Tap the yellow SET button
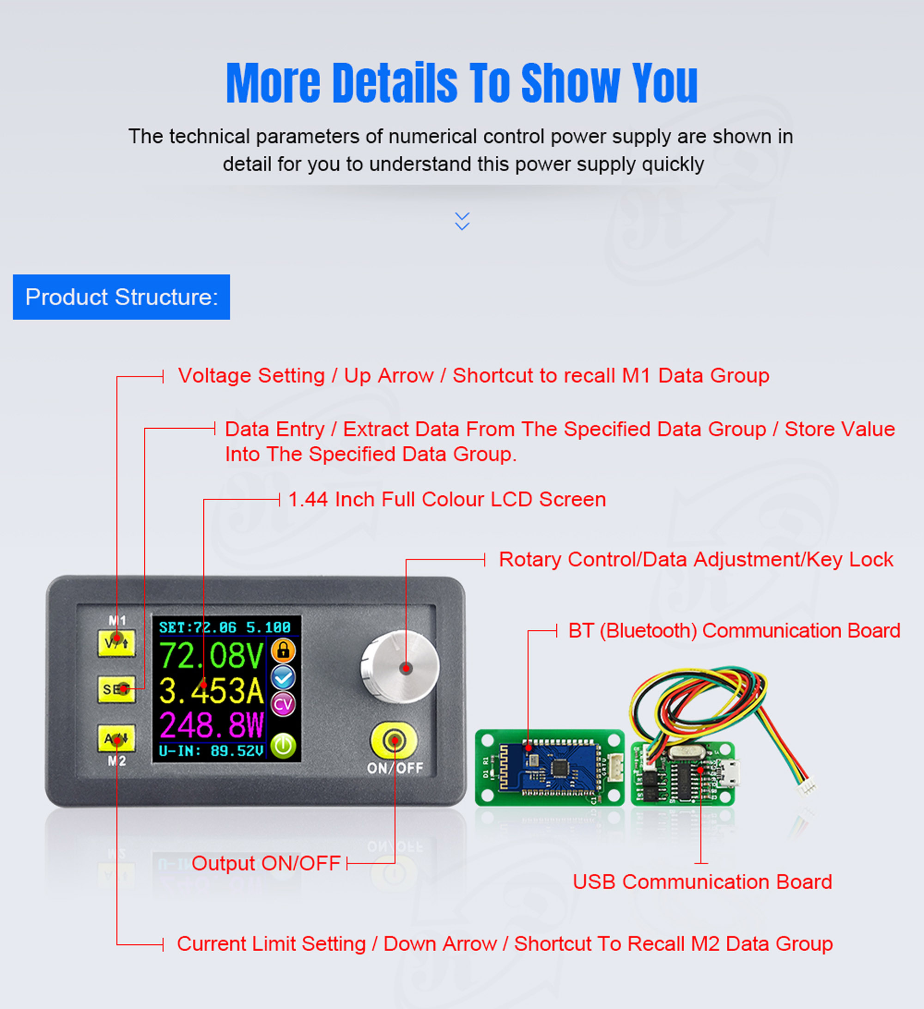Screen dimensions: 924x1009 [116, 689]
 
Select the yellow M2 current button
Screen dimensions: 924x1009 [116, 738]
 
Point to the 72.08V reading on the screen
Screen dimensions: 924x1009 [211, 655]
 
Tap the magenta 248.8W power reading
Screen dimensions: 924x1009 [211, 725]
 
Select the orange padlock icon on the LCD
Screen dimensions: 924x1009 [283, 650]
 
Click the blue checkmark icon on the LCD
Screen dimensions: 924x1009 [283, 677]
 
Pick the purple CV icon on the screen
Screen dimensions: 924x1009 [283, 704]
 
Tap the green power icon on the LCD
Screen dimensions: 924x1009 [283, 746]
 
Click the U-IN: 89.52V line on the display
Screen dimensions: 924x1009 [211, 751]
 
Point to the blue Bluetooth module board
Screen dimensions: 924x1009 [550, 767]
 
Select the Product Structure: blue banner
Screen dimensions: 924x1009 [122, 297]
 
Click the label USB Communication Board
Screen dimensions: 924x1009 [702, 881]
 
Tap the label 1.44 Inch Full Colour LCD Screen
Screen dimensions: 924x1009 [447, 499]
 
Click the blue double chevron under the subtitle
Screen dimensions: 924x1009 [462, 221]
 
